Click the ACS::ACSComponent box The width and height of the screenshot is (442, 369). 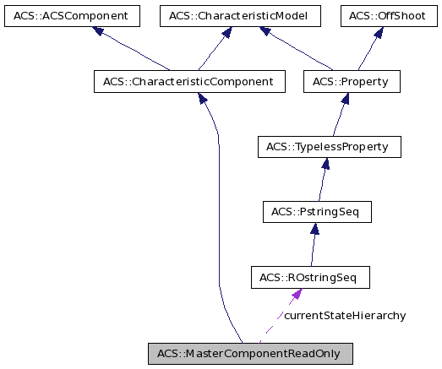(x=70, y=15)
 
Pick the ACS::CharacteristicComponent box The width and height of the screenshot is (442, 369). (x=188, y=82)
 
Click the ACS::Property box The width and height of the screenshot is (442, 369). (x=351, y=82)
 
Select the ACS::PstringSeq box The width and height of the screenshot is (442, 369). (x=317, y=211)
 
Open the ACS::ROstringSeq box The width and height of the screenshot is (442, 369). (x=310, y=277)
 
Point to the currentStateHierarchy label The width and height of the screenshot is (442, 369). (x=344, y=316)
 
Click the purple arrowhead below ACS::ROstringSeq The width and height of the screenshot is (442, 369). (x=296, y=295)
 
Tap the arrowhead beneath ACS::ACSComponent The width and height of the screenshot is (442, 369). (x=99, y=32)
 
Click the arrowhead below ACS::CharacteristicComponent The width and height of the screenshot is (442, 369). (x=204, y=99)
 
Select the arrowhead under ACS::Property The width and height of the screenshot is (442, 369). (x=345, y=99)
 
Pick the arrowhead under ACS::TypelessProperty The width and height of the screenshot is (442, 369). (x=324, y=164)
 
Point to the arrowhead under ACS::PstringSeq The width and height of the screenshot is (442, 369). (x=314, y=229)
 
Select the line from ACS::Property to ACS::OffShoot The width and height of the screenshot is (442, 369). (x=367, y=53)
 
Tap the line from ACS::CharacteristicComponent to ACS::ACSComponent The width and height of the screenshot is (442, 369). (x=135, y=53)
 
